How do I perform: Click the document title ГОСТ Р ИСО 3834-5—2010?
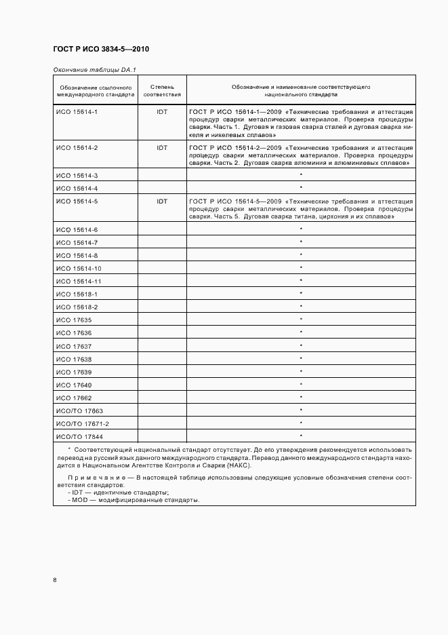(100, 50)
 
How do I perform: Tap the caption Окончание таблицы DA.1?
(94, 69)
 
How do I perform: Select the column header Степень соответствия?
(162, 92)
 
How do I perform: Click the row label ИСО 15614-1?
(77, 111)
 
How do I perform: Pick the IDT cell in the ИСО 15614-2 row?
(162, 147)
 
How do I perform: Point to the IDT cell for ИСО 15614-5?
(162, 201)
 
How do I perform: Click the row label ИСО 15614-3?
(77, 175)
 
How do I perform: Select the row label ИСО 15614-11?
(79, 281)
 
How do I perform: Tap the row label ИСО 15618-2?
(77, 307)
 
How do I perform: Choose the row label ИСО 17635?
(73, 320)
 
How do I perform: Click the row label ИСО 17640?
(73, 385)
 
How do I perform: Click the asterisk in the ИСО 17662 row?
(301, 398)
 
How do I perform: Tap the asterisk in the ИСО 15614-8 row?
(301, 255)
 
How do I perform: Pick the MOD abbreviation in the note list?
(80, 500)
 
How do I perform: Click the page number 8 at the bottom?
(55, 580)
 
